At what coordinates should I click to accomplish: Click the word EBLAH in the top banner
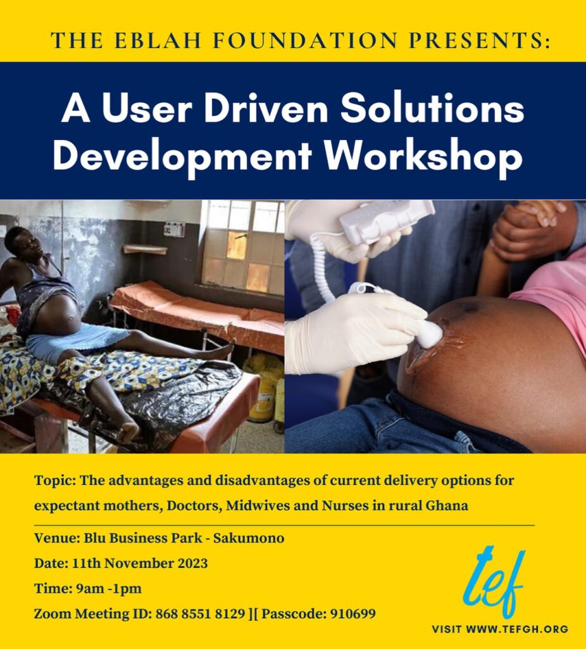click(158, 41)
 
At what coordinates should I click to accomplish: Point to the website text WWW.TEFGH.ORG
click(517, 629)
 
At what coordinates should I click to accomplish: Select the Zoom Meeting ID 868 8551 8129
click(200, 614)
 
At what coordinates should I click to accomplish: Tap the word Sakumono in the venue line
click(248, 538)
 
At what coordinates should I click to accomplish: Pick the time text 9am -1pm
click(109, 589)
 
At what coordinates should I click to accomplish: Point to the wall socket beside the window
click(174, 229)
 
